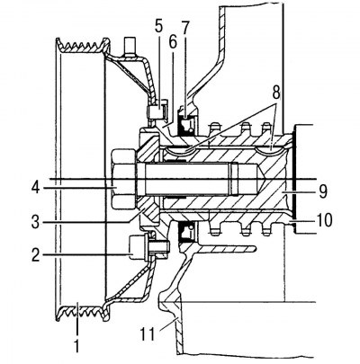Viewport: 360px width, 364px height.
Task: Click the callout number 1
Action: click(76, 345)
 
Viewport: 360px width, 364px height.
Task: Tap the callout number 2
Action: click(36, 255)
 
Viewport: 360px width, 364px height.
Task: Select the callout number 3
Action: click(36, 222)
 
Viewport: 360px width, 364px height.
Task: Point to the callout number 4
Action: click(36, 188)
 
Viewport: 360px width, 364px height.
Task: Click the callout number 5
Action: click(159, 27)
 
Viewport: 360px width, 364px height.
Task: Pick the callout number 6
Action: click(173, 43)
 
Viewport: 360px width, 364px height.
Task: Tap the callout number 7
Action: click(185, 29)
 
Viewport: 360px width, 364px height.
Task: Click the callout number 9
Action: click(322, 191)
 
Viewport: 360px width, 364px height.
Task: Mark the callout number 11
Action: click(148, 333)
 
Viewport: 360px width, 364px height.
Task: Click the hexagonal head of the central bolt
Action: click(123, 179)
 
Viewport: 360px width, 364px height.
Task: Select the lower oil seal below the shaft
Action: click(186, 232)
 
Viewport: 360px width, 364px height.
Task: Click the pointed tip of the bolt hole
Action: click(265, 179)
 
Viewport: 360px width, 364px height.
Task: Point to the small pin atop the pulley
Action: click(130, 47)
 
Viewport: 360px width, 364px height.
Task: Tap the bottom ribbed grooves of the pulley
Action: click(82, 313)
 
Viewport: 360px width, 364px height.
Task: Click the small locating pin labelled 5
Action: click(157, 111)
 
